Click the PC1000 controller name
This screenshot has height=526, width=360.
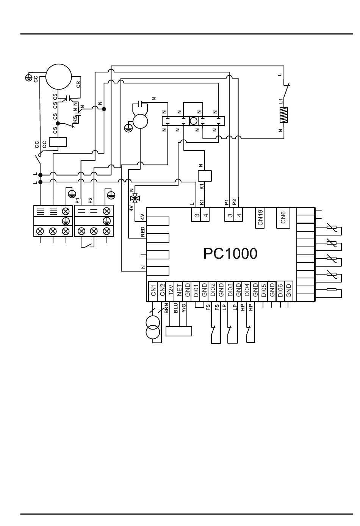coord(230,254)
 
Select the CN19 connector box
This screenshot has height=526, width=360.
coord(260,218)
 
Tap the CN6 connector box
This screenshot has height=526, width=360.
coord(283,218)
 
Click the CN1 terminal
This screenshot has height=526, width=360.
coord(153,291)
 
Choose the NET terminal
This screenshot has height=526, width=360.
coord(178,291)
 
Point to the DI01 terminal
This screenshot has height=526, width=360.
coord(196,291)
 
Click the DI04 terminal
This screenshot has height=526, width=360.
coord(246,291)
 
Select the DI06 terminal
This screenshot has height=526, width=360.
coord(280,291)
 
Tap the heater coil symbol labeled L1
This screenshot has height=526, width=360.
coord(284,115)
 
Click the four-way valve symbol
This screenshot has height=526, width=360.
coord(135,199)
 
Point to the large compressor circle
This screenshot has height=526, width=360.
coord(58,77)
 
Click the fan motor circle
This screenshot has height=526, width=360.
coord(140,121)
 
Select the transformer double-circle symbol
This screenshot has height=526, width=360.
coord(153,328)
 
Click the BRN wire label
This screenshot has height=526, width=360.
coord(166,308)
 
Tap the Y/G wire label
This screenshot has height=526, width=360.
coord(184,308)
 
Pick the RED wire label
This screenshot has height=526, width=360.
coord(143,232)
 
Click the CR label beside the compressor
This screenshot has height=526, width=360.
coord(78,84)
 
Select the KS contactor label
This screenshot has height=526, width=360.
coord(75,119)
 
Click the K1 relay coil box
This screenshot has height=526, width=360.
coord(205,176)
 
